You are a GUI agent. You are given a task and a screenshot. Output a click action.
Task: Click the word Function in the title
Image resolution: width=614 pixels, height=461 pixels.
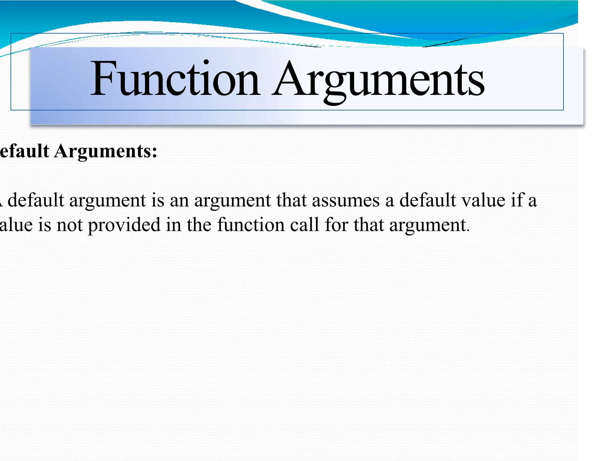coord(175,79)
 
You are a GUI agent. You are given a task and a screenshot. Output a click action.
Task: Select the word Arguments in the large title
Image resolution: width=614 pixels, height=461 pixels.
coord(378,79)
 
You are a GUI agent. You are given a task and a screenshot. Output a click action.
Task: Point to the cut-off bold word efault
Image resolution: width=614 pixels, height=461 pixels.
coord(24,151)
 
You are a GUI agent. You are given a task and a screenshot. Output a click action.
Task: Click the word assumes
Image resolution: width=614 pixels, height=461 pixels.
coord(346,200)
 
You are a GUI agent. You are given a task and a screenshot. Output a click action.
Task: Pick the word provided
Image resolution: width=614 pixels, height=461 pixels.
coord(124,225)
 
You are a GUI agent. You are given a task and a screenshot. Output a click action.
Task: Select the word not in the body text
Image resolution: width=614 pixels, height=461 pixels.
coord(70,225)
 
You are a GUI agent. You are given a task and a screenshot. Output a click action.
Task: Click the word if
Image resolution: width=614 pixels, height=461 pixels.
coord(518,200)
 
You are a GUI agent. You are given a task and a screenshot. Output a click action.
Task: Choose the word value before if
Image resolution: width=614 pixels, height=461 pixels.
coord(483,200)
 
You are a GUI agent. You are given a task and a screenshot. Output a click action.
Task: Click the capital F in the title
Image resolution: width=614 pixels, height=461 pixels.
coord(103,79)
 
